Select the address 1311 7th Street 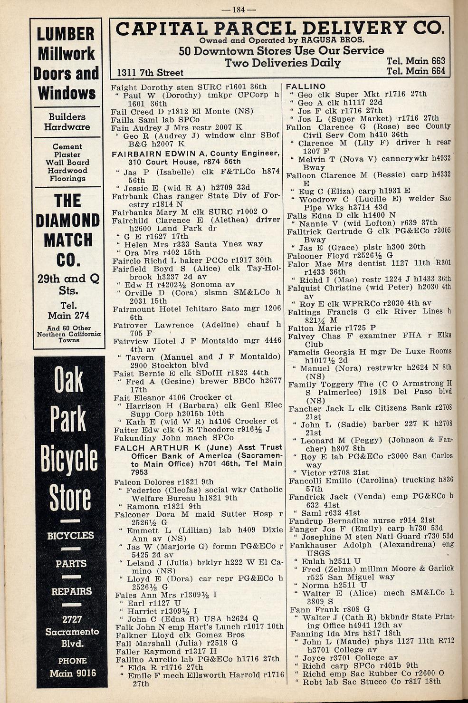pyautogui.click(x=150, y=73)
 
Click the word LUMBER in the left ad pyautogui.click(x=66, y=34)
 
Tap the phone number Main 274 pyautogui.click(x=68, y=315)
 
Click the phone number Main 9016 pyautogui.click(x=73, y=673)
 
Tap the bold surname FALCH pyautogui.click(x=131, y=448)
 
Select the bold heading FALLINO pyautogui.click(x=306, y=86)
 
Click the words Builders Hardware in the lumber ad pyautogui.click(x=67, y=122)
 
